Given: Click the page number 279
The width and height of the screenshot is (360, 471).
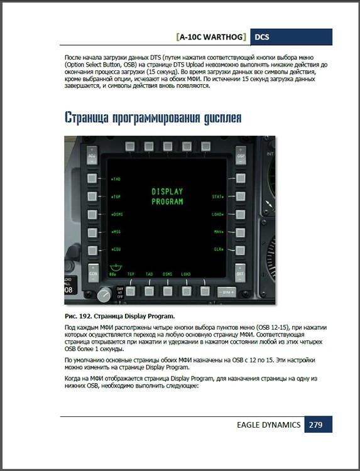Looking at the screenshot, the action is pyautogui.click(x=315, y=425).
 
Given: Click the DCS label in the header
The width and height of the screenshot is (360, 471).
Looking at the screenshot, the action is pyautogui.click(x=262, y=37).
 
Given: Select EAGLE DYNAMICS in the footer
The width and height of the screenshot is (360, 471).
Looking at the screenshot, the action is pyautogui.click(x=268, y=425).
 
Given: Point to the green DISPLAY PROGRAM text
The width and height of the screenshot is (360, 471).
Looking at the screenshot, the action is pyautogui.click(x=167, y=197).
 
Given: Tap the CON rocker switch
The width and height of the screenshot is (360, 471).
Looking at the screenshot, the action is pyautogui.click(x=93, y=273).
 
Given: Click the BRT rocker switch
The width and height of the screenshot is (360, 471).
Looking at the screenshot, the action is pyautogui.click(x=240, y=273).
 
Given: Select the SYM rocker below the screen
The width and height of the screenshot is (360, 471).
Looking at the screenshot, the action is pyautogui.click(x=226, y=292).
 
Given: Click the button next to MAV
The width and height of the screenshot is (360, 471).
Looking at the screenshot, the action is pyautogui.click(x=240, y=232).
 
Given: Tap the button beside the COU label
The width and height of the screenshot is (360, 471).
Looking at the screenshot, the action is pyautogui.click(x=93, y=250).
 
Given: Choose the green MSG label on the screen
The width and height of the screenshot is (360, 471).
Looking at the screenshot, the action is pyautogui.click(x=116, y=232).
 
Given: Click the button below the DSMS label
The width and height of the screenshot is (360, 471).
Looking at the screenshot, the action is pyautogui.click(x=167, y=291).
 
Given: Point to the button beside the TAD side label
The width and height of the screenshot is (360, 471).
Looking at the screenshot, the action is pyautogui.click(x=93, y=179).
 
